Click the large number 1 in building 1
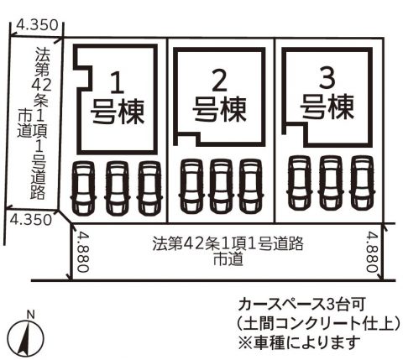coord(118,82)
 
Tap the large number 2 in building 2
coord(219,80)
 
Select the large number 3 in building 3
coord(327,78)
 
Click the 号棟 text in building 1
coord(118,112)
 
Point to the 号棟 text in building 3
coord(327,107)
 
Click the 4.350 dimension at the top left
coord(37,25)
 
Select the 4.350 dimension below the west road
coord(31,220)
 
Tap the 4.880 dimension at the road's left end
coord(83,251)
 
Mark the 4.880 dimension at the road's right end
coord(372,251)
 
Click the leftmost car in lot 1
coord(84,188)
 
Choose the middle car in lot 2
coord(222,185)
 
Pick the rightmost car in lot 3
coord(362,183)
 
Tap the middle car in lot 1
coord(117,188)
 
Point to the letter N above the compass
coord(30,315)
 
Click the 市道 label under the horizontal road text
coord(228,259)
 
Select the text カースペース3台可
coord(301,305)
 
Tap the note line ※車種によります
coord(299,342)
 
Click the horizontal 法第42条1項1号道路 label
coord(228,244)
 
